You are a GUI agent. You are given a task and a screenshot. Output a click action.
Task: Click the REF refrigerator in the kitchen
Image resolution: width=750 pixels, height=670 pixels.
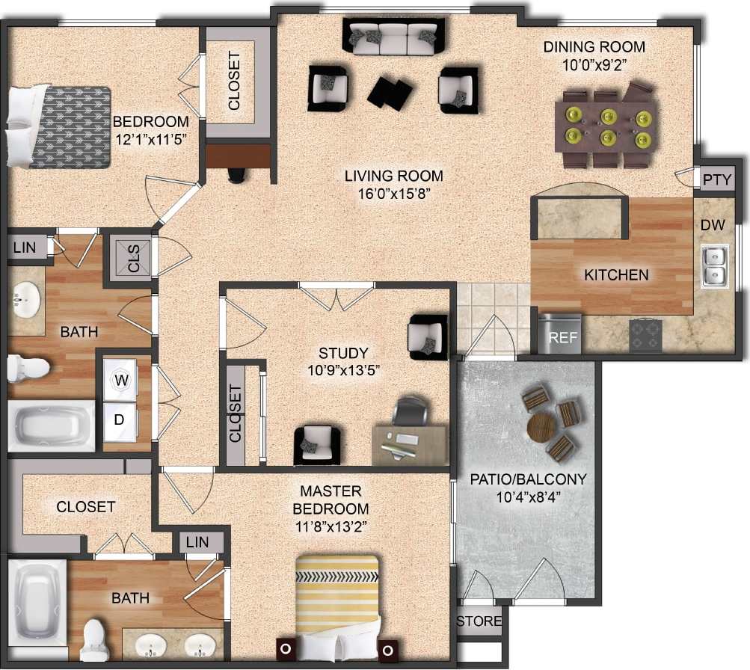(x=562, y=334)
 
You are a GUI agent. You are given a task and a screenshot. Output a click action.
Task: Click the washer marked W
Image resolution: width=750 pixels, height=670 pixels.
(x=120, y=380)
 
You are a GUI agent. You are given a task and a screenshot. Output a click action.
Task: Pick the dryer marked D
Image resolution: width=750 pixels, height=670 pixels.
(x=119, y=419)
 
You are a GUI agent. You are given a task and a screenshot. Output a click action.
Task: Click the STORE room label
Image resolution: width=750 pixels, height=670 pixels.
(x=479, y=621)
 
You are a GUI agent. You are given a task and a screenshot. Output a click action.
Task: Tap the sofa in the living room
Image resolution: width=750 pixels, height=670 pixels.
(x=395, y=37)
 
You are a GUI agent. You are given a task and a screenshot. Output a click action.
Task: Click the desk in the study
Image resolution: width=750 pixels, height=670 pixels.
(x=409, y=444)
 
